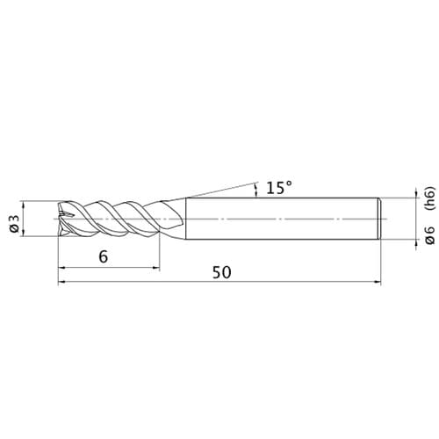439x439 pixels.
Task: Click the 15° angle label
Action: [279, 188]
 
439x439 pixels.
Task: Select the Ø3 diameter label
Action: [14, 224]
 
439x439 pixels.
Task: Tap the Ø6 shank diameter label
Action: [429, 235]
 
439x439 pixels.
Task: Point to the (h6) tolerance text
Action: [429, 198]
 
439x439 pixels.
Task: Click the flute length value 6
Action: [104, 256]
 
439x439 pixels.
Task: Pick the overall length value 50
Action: [221, 272]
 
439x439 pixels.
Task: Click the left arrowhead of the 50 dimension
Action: [61, 282]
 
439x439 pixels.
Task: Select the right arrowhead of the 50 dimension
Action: [378, 282]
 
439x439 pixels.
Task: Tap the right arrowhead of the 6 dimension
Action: [156, 267]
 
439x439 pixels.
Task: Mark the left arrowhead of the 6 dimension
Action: [61, 267]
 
